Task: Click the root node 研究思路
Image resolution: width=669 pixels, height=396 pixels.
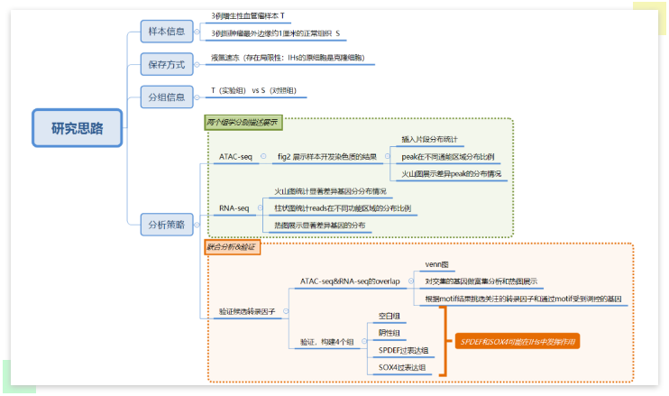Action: tap(77, 128)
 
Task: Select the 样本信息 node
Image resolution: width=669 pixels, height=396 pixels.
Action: tap(167, 32)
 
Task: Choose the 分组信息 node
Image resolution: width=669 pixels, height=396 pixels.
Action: tap(167, 96)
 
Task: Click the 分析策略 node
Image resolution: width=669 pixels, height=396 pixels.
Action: tap(167, 225)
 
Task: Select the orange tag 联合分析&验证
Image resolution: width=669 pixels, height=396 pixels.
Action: tap(232, 246)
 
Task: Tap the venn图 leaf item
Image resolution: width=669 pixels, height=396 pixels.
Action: tap(437, 264)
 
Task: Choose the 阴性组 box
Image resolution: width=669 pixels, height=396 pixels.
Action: tap(389, 333)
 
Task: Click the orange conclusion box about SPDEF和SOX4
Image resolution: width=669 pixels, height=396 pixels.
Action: tap(518, 342)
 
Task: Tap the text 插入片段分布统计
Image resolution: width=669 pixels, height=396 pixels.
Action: tap(430, 140)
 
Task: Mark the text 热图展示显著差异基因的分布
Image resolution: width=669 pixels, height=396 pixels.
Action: tap(320, 226)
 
